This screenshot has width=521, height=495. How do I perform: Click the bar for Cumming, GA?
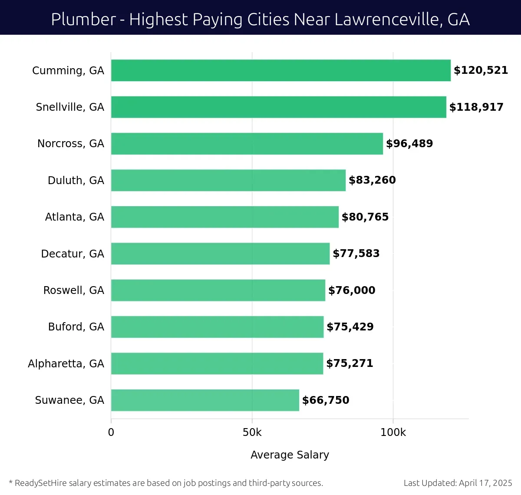(x=280, y=70)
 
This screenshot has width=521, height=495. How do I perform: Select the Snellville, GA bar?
(x=278, y=107)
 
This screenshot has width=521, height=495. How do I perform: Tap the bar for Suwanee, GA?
(x=205, y=400)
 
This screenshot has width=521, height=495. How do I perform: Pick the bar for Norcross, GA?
(x=247, y=144)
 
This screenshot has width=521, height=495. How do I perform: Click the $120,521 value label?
(x=481, y=70)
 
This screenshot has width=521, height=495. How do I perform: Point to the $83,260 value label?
(x=372, y=180)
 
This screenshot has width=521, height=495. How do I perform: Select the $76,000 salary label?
(x=352, y=290)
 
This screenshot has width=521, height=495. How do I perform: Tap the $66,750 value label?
(x=326, y=400)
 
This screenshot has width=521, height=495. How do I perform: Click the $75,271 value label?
(x=350, y=363)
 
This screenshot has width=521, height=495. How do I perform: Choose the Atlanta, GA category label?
(x=74, y=217)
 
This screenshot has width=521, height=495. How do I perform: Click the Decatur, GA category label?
(x=73, y=254)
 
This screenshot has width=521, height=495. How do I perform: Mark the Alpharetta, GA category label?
(x=66, y=363)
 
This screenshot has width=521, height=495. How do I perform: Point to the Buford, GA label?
(x=76, y=327)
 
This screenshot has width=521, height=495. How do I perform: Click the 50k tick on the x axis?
(x=252, y=432)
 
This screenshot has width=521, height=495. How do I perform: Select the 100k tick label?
(x=393, y=432)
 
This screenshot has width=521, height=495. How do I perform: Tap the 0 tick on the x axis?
(x=111, y=432)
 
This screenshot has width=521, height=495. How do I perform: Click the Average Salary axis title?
(x=290, y=455)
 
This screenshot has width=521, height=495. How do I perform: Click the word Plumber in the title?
(x=83, y=20)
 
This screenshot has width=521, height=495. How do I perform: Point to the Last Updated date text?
(x=458, y=483)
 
